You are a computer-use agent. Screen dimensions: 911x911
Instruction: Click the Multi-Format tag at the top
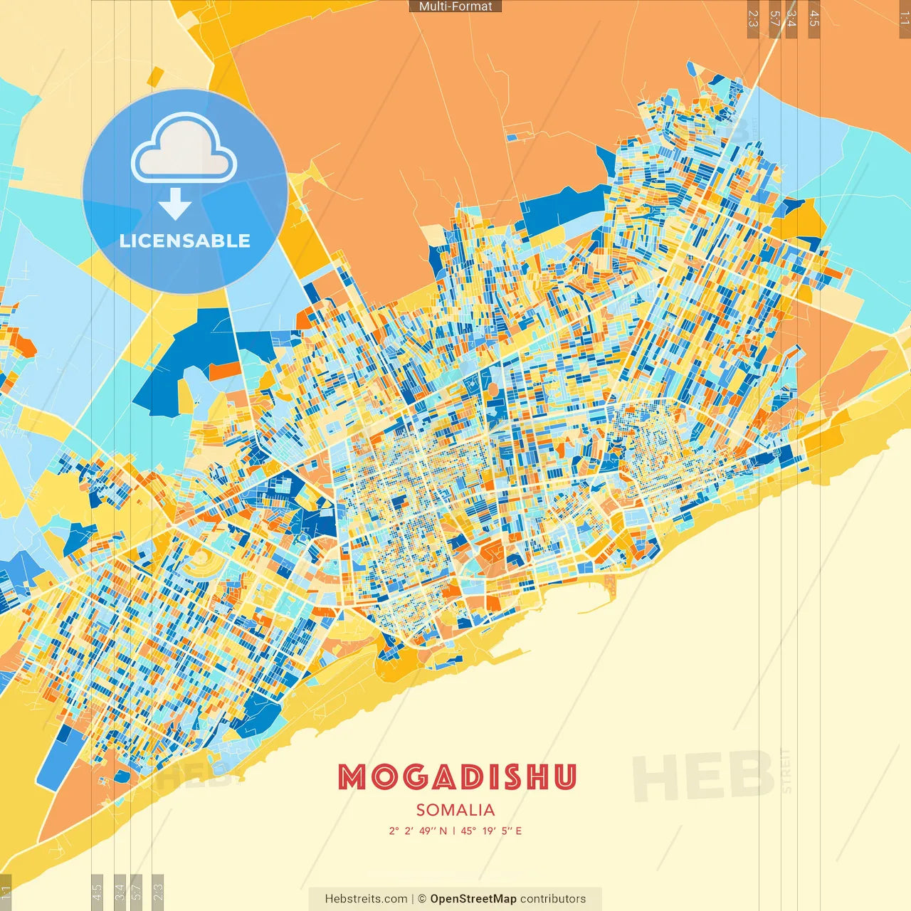tap(455, 6)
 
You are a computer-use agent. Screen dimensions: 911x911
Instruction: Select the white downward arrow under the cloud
tap(174, 204)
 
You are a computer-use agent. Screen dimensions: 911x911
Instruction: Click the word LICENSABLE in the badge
tap(185, 241)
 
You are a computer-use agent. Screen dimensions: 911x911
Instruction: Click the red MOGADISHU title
tap(456, 777)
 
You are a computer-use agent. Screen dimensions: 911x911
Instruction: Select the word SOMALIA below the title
tap(455, 810)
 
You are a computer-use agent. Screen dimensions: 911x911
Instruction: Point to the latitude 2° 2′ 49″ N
tap(418, 831)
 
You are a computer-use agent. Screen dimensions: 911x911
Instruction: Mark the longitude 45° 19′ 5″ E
tap(491, 831)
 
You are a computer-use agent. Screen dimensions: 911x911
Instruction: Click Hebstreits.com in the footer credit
tap(366, 899)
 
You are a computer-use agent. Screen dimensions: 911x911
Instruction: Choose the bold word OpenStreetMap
tap(473, 899)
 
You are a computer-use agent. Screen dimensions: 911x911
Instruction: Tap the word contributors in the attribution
tap(553, 899)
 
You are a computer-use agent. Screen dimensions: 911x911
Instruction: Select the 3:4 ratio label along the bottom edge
tap(120, 891)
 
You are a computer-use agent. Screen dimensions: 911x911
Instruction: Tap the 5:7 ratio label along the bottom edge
tap(137, 891)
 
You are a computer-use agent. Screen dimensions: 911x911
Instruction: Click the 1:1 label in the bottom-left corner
tap(6, 892)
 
